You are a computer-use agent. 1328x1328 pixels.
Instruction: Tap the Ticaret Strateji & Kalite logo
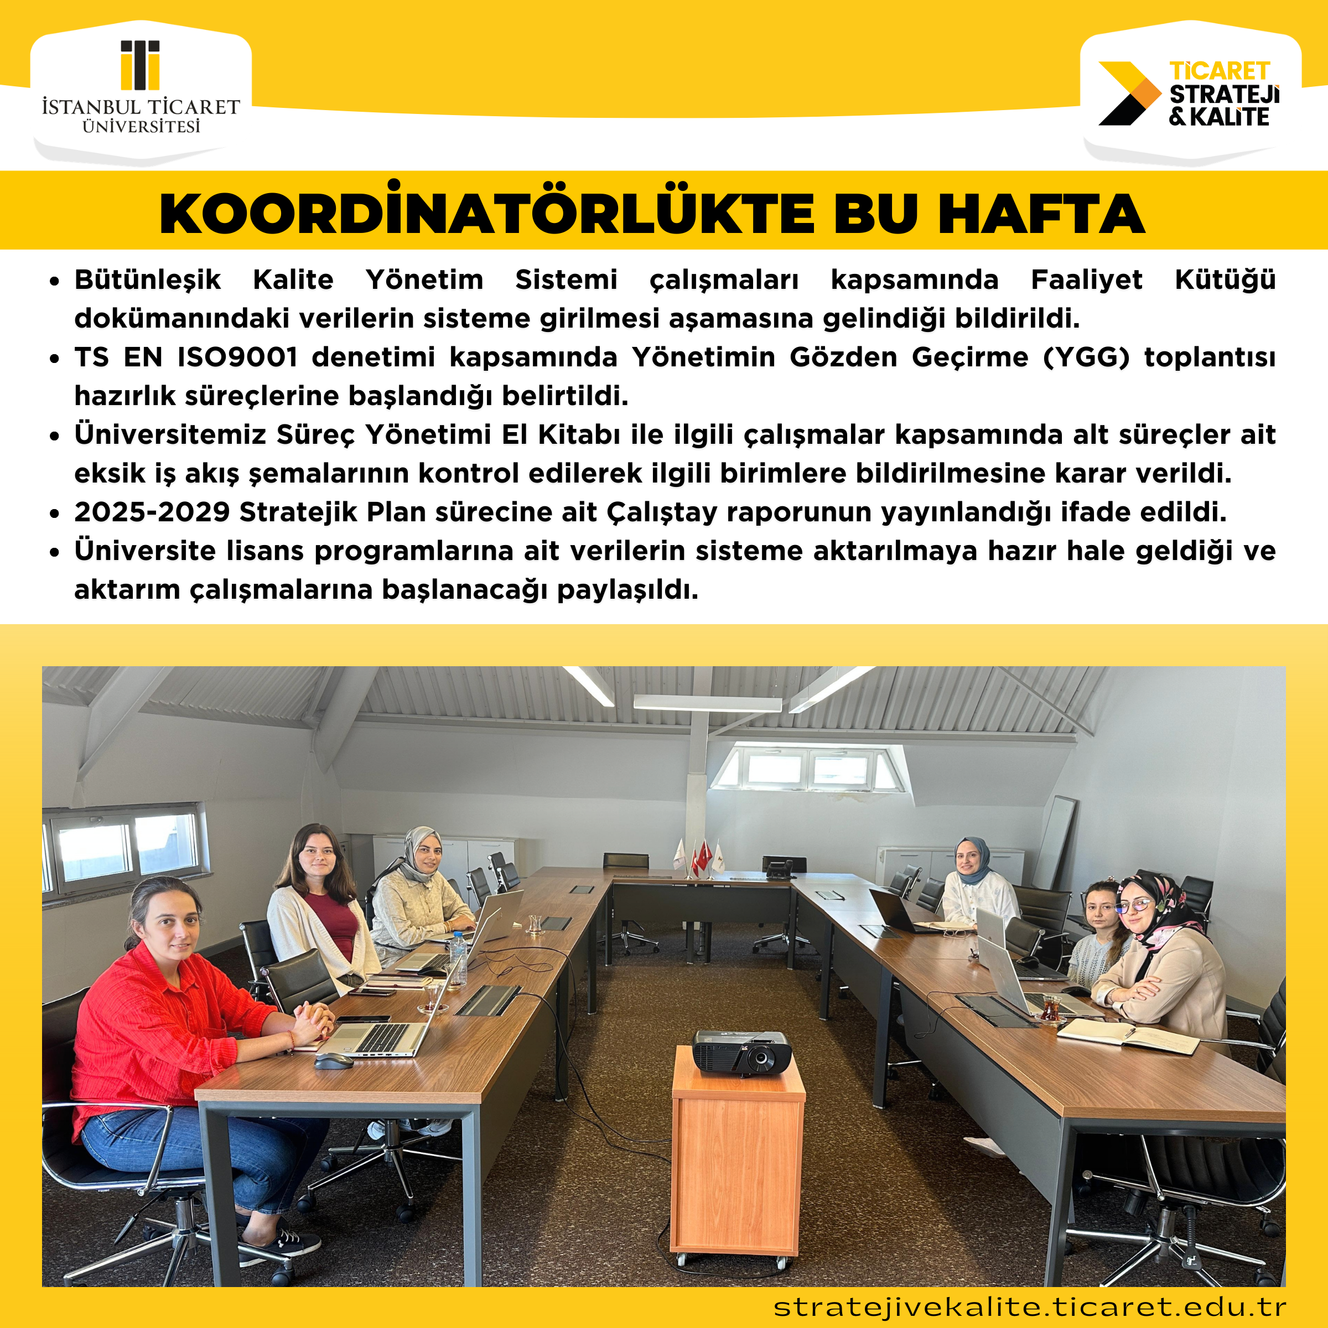pos(1190,94)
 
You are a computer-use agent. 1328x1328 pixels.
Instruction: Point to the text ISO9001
pos(237,357)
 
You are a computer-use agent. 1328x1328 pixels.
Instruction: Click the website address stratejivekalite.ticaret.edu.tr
pos(1030,1306)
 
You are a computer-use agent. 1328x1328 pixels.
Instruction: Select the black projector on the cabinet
pos(741,1050)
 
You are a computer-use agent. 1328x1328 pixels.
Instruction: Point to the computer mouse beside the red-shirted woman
pos(333,1061)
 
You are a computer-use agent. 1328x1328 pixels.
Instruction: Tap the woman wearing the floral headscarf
pos(1155,948)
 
